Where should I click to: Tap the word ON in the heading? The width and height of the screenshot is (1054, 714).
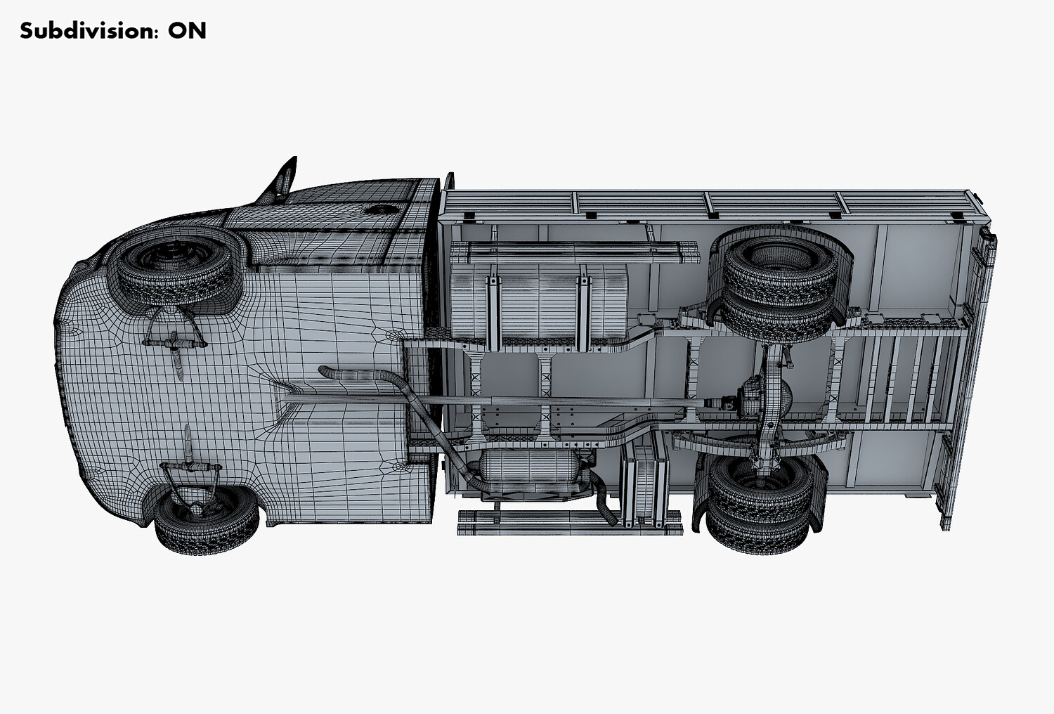pyautogui.click(x=188, y=31)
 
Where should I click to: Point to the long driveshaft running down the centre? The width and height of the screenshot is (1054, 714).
pyautogui.click(x=494, y=401)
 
